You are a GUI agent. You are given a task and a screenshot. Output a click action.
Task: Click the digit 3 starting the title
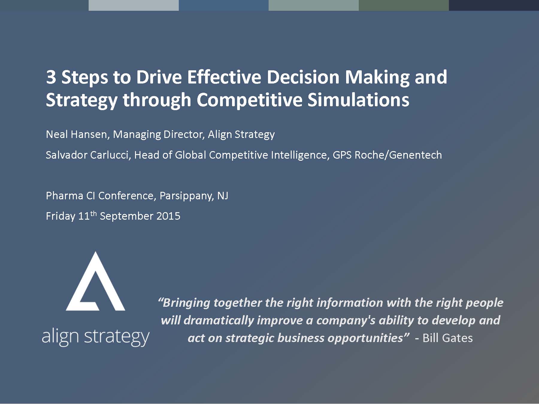[x=51, y=77]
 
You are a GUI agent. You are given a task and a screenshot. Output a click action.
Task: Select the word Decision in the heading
[x=303, y=77]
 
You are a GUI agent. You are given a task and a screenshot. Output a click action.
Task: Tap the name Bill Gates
[x=447, y=338]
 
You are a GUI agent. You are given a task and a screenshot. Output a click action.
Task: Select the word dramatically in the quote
[x=218, y=321]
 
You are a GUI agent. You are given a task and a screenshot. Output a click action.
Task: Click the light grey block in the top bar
[x=134, y=5]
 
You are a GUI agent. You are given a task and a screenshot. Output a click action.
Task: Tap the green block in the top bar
[x=404, y=5]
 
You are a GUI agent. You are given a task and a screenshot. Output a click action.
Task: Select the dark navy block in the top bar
[x=494, y=5]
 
